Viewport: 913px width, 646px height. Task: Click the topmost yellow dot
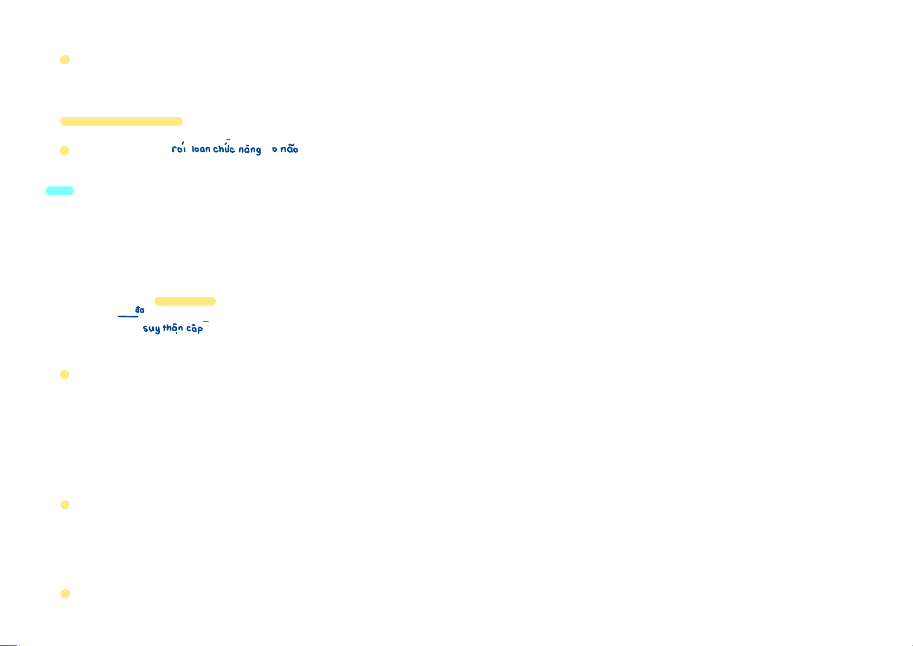(x=64, y=60)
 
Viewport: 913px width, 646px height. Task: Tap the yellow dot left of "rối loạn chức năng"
(x=64, y=151)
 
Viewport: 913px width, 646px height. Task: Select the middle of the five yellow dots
(x=64, y=374)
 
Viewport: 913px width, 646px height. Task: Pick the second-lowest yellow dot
(x=65, y=505)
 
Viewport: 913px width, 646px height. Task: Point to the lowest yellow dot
(x=65, y=594)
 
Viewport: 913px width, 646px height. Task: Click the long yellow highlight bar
(x=121, y=121)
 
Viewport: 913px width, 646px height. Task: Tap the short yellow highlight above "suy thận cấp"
(x=185, y=301)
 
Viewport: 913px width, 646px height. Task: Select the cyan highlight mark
(x=60, y=191)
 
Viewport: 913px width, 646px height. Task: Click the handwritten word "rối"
(x=179, y=148)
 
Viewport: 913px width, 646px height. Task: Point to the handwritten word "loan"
(x=201, y=149)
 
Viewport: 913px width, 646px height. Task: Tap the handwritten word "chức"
(x=224, y=149)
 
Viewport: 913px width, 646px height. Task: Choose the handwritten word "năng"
(x=250, y=150)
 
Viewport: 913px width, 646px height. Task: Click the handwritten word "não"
(x=289, y=149)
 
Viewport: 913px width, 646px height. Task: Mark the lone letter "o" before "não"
(x=275, y=150)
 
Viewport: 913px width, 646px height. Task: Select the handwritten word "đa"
(x=140, y=310)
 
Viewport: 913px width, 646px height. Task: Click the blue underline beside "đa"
(x=128, y=316)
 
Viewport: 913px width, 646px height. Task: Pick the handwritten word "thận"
(x=173, y=328)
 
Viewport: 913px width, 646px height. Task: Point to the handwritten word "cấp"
(x=195, y=328)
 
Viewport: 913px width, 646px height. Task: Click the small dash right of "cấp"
(x=206, y=322)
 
